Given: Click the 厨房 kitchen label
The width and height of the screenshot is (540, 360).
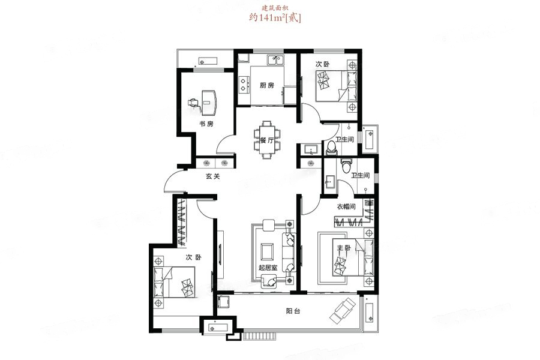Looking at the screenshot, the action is [x=266, y=85].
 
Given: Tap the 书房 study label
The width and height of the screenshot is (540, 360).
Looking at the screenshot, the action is [x=206, y=124].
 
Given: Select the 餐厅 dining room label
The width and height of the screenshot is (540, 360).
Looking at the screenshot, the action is [x=266, y=140].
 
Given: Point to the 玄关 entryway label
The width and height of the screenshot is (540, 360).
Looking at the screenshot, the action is [x=212, y=176].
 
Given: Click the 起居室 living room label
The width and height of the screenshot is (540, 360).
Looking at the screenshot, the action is [x=268, y=267].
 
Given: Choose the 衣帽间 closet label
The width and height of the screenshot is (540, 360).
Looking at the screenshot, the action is [x=346, y=206].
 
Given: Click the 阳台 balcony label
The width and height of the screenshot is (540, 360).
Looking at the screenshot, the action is [x=293, y=311].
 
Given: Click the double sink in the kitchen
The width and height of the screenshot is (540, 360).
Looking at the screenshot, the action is [x=275, y=61].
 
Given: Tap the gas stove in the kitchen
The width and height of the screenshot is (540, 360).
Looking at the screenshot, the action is [x=244, y=85].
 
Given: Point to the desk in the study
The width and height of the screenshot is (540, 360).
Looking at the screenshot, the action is [x=209, y=103].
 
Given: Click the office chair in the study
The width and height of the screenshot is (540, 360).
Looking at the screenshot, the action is [x=194, y=103].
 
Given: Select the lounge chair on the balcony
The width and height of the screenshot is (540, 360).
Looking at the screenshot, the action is [x=343, y=310].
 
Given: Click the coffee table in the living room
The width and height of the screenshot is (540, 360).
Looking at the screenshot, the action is [x=267, y=251].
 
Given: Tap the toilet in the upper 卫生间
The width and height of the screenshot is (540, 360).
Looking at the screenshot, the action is [x=331, y=148].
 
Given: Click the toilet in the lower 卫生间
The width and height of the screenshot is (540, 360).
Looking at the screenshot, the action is [x=346, y=165].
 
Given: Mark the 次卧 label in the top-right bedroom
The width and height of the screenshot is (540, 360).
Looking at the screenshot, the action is [x=323, y=64].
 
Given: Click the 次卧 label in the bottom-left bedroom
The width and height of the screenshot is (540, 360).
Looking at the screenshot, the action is [x=193, y=257].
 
